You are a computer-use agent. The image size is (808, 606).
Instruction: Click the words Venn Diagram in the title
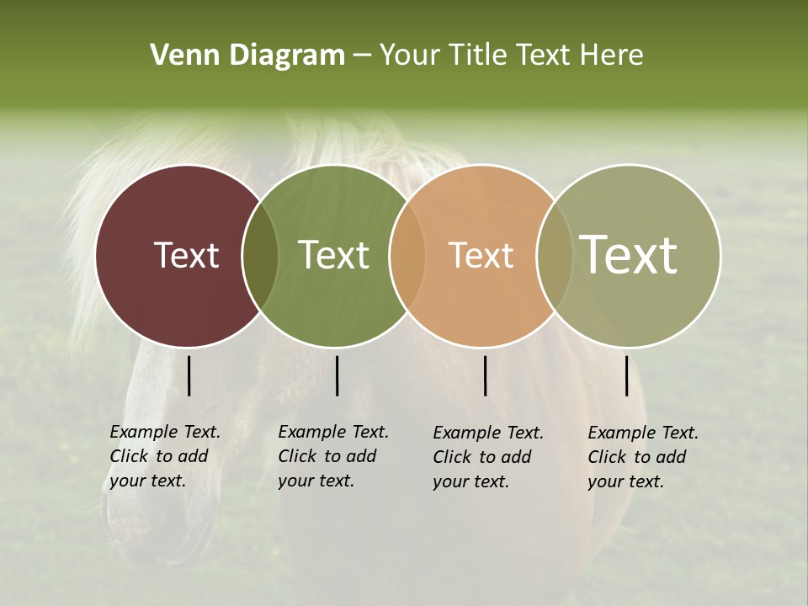[247, 56]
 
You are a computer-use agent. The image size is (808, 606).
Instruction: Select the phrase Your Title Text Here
[511, 56]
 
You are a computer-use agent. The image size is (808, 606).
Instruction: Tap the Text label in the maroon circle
[186, 255]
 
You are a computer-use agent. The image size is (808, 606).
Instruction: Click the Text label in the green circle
[334, 255]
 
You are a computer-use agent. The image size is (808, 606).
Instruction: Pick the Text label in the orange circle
[481, 255]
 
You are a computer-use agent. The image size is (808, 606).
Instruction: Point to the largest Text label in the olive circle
[629, 254]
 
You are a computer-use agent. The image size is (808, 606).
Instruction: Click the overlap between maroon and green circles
[260, 256]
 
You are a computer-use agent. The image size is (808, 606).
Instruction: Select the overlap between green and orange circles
[407, 256]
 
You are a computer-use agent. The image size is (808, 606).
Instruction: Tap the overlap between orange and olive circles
[554, 256]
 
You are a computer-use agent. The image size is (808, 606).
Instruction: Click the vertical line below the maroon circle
[189, 375]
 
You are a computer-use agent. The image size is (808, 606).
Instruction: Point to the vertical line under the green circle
[337, 375]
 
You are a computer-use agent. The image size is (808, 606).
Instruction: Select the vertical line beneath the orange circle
[486, 375]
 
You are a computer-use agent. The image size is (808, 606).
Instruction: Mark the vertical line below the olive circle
[627, 375]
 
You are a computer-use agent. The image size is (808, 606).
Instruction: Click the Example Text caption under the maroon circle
[164, 456]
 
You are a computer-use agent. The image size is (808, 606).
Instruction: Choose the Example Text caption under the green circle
[332, 456]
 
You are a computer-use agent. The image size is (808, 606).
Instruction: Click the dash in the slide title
[362, 56]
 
